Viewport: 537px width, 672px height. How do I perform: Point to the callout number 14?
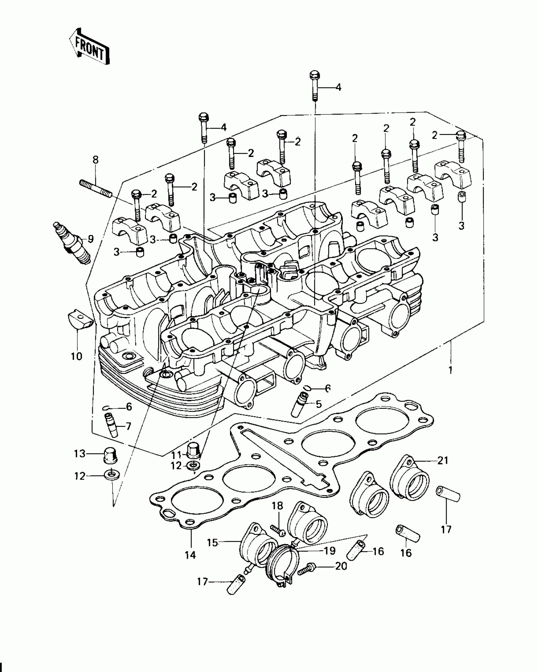click(x=191, y=555)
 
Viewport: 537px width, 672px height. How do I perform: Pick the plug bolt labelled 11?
click(x=193, y=454)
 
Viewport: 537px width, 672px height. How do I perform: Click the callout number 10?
click(x=76, y=356)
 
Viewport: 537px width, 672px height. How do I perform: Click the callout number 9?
click(x=91, y=239)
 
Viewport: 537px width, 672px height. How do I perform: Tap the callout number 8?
click(x=95, y=160)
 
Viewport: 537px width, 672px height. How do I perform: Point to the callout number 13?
click(x=80, y=454)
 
